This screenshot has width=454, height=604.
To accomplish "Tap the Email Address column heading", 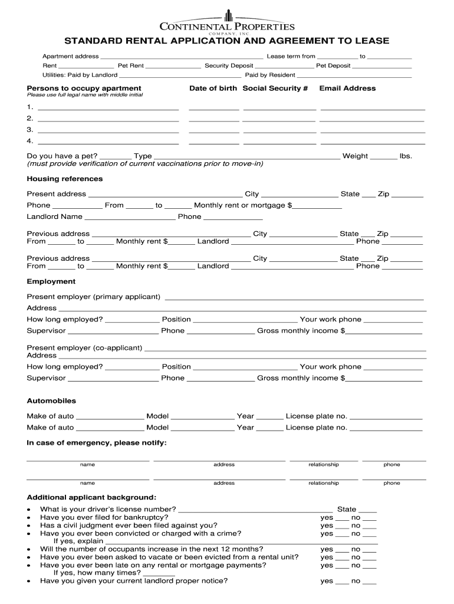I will pos(347,88).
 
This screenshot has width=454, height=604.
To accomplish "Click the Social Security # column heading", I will pos(275,88).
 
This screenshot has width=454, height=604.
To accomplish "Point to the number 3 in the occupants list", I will pos(29,130).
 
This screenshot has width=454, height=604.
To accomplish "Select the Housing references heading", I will pos(65,179).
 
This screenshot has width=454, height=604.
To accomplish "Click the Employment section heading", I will pos(51,282).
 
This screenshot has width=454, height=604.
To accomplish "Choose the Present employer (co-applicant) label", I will pos(84,348).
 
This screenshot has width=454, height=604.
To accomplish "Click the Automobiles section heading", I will pos(51,401).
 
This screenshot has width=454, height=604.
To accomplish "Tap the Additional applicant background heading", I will pos(91,497).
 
